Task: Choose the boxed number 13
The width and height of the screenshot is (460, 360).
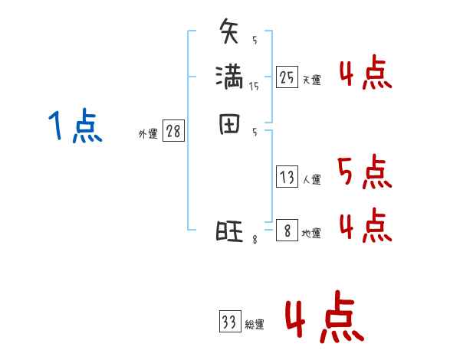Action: click(287, 177)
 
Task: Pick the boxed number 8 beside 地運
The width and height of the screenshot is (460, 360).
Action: click(287, 230)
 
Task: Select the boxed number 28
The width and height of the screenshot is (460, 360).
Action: click(174, 132)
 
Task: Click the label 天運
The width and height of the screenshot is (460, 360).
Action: click(312, 80)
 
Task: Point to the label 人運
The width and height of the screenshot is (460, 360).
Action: click(312, 180)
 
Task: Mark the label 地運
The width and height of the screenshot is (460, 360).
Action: click(311, 233)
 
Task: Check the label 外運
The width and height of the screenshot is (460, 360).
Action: click(148, 134)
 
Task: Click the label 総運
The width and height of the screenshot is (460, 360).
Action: click(255, 325)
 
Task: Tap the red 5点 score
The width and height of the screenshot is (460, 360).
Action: click(364, 172)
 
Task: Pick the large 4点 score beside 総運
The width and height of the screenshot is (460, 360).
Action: click(324, 320)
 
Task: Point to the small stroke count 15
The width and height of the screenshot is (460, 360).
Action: click(254, 87)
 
